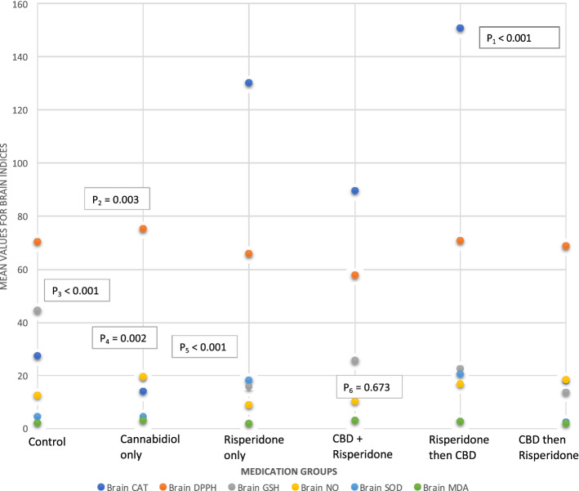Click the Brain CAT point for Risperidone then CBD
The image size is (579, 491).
pos(461,29)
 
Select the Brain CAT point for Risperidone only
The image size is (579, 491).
pos(249,83)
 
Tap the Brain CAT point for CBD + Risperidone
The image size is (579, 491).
pos(355,191)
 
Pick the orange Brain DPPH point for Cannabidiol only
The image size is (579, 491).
pos(144,230)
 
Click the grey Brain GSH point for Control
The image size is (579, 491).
pos(38,311)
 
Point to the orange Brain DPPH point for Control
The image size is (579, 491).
pos(38,243)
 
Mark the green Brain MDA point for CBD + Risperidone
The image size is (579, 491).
pos(355,421)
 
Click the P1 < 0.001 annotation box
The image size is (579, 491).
pos(518,38)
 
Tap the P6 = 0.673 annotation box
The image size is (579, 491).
pos(370,386)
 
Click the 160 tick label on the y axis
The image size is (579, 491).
pos(17,4)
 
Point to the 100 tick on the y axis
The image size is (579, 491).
pos(17,163)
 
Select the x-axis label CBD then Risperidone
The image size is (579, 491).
pos(548,446)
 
